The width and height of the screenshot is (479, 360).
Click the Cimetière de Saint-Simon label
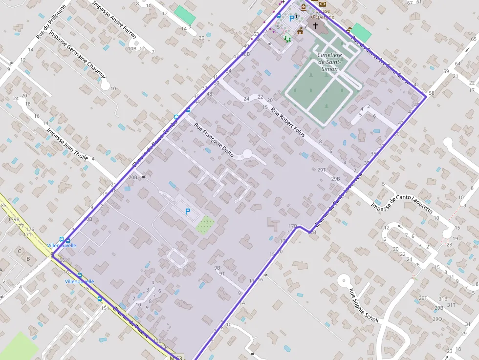point(329,62)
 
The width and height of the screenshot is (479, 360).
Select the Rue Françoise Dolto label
point(214,140)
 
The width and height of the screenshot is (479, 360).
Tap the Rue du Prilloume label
point(51,22)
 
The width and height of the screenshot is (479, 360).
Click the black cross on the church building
point(315,25)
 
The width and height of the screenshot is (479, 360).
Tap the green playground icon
point(287,39)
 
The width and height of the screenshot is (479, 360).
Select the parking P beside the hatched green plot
point(187,212)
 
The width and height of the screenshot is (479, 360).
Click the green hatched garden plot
point(205,224)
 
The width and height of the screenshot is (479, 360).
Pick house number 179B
point(14,219)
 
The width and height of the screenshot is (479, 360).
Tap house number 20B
point(132,177)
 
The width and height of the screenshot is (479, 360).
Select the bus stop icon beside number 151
point(100,299)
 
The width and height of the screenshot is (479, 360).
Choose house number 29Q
point(437,318)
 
